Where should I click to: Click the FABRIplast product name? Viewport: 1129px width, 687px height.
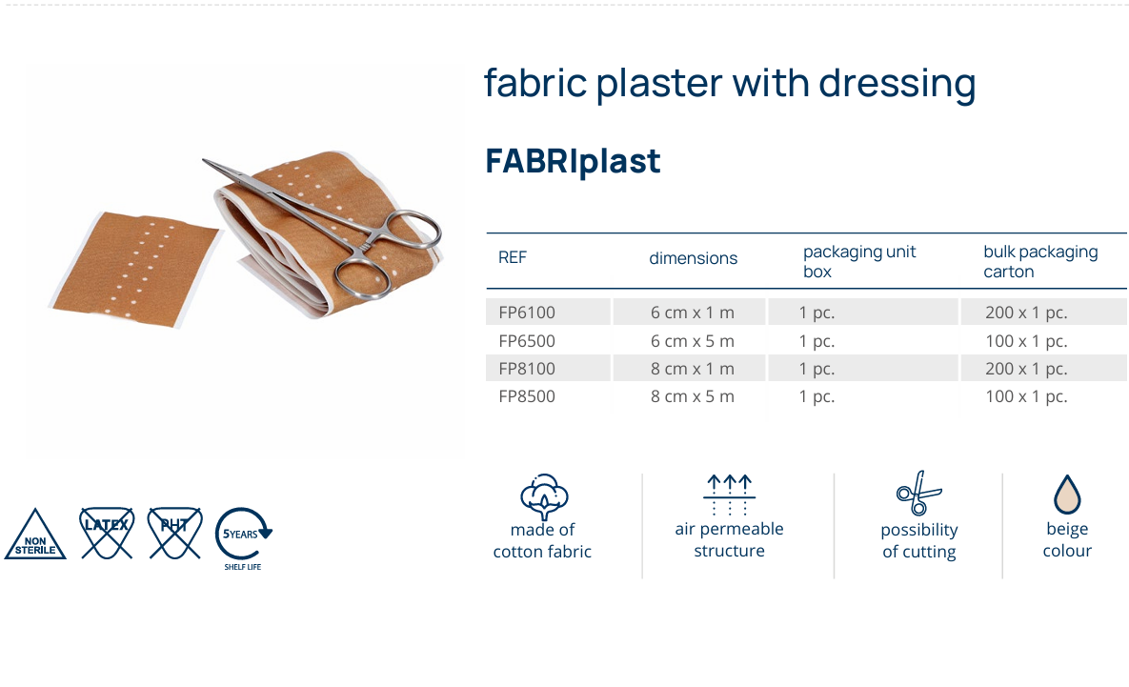(x=573, y=161)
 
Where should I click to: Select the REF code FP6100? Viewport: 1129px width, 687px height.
(x=527, y=313)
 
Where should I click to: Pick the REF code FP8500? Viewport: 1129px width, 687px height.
(x=527, y=396)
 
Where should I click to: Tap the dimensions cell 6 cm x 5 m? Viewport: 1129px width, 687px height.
(x=693, y=341)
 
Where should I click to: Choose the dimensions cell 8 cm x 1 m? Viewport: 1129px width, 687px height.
(x=693, y=369)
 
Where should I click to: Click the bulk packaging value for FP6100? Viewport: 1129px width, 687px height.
(x=1026, y=313)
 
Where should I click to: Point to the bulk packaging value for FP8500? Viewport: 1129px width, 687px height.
(x=1026, y=396)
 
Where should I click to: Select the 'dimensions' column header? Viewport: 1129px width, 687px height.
(x=694, y=258)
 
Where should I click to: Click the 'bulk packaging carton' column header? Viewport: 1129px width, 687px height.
(x=1040, y=261)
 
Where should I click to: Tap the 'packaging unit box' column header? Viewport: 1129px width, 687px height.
(x=859, y=261)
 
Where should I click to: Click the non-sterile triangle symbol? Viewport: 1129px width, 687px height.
(x=35, y=536)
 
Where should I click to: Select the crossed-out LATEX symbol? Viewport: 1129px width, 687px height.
(x=106, y=533)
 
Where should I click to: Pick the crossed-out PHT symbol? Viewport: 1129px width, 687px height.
(x=175, y=533)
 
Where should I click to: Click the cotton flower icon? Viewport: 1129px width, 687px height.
(x=543, y=495)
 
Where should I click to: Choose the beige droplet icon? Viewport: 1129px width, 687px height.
(x=1066, y=495)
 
